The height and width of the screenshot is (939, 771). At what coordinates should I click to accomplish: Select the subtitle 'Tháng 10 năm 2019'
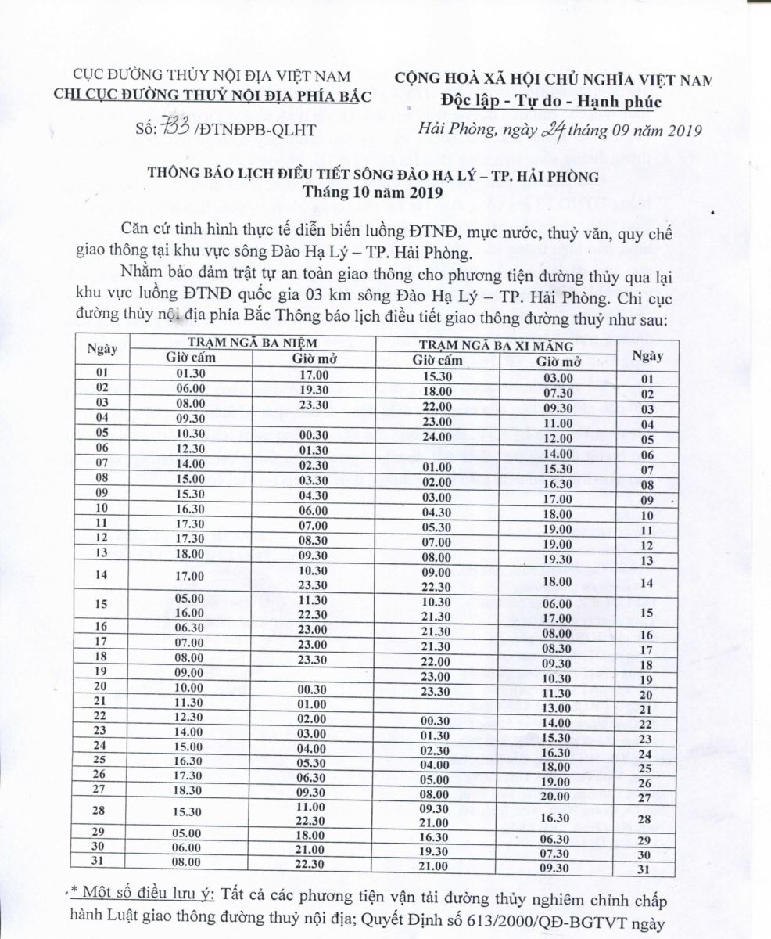(374, 192)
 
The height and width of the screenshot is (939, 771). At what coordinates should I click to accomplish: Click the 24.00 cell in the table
(437, 436)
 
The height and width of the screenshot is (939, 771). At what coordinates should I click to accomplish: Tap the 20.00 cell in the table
(558, 797)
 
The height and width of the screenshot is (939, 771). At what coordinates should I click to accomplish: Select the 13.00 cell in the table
(558, 708)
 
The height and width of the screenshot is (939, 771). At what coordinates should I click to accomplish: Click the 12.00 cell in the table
(558, 438)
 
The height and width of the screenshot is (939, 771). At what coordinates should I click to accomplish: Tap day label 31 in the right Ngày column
(644, 869)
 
